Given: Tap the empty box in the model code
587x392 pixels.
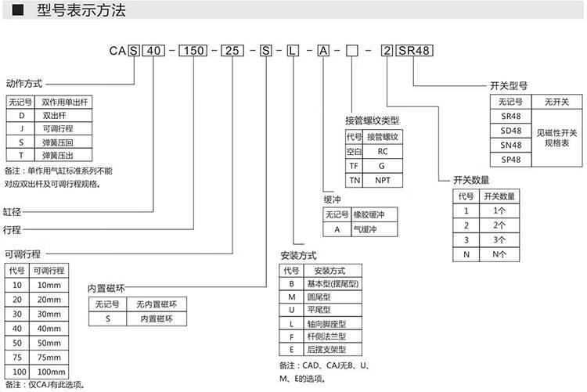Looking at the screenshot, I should click(x=352, y=51).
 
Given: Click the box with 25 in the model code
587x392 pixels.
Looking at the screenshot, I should click(x=234, y=51).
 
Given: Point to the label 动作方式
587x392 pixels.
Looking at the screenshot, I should click(x=23, y=83).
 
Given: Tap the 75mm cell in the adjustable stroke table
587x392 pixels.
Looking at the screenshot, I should click(x=49, y=357).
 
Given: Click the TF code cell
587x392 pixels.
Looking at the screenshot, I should click(x=354, y=165).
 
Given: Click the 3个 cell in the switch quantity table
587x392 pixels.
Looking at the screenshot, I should click(x=501, y=239).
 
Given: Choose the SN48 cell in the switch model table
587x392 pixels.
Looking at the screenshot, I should click(x=510, y=144).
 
